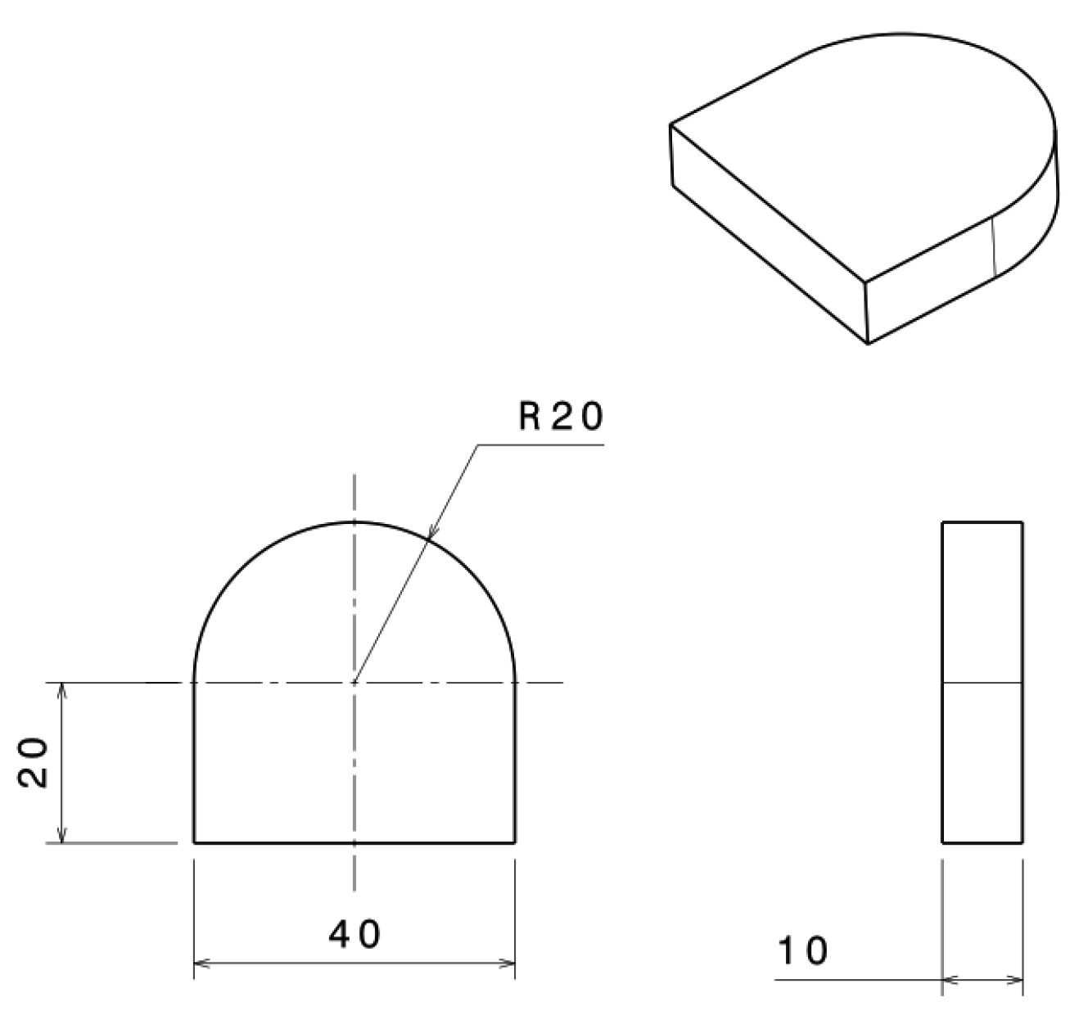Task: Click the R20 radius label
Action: [x=562, y=417]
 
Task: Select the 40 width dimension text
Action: [x=355, y=933]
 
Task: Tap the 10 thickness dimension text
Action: [x=803, y=951]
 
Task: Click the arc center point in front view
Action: [x=354, y=681]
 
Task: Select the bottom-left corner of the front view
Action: [x=194, y=842]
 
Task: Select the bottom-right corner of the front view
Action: [x=515, y=842]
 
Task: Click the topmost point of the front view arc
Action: [x=354, y=521]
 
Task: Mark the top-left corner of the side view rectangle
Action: [x=943, y=522]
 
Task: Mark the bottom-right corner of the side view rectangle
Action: [x=1023, y=842]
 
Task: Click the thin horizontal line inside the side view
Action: [x=982, y=682]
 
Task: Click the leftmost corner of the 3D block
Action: [x=671, y=124]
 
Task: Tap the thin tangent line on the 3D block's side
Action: [x=993, y=246]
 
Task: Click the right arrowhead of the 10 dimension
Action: [x=1018, y=979]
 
